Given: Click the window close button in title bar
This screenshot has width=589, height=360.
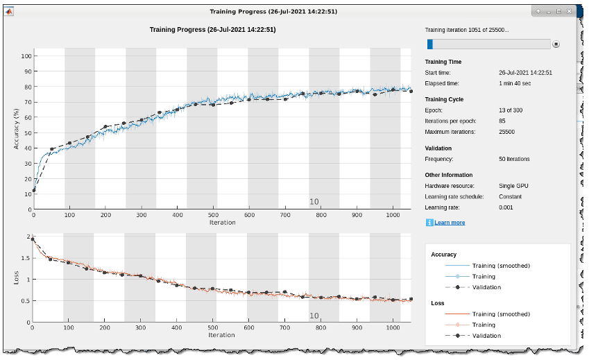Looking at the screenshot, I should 568,12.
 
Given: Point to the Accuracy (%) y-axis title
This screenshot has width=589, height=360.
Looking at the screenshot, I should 16,128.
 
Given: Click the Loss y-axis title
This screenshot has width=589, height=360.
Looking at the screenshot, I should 16,279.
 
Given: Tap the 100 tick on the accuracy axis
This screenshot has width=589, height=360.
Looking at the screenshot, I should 26,56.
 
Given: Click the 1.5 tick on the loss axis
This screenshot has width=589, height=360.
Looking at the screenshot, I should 26,258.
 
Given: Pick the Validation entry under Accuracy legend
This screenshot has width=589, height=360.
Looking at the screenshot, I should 486,287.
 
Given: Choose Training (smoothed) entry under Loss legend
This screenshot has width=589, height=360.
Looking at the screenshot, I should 501,314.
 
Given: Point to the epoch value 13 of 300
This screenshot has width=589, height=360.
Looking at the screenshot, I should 514,110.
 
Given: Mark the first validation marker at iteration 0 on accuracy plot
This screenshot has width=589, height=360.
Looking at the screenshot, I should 33,190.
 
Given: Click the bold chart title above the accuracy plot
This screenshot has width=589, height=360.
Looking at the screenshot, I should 213,30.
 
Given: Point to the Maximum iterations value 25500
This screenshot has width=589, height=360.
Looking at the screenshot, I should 508,132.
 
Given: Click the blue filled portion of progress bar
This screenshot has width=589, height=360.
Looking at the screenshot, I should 430,44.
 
